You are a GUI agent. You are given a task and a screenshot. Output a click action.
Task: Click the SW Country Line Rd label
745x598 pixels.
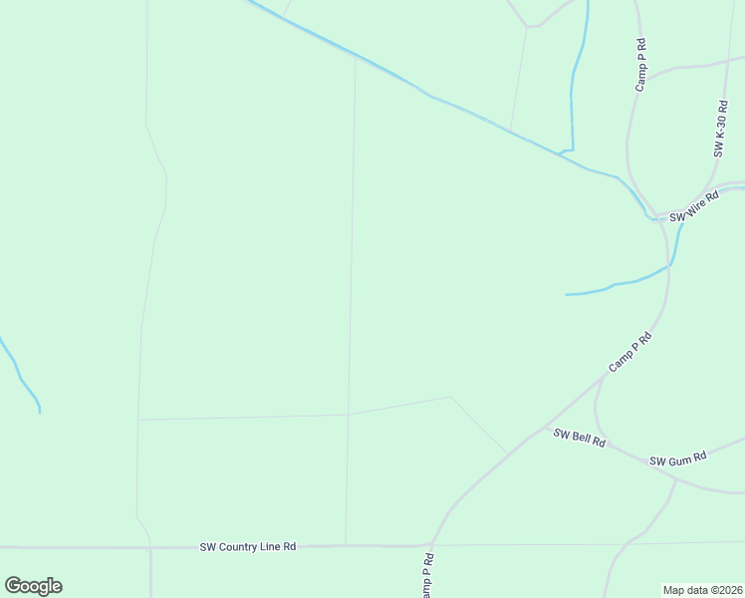(248, 546)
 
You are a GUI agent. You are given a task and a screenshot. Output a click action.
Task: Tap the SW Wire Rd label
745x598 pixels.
(693, 207)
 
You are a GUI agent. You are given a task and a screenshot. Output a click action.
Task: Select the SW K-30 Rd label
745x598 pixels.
(719, 130)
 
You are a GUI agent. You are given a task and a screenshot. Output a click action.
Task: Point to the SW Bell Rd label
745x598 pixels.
(579, 438)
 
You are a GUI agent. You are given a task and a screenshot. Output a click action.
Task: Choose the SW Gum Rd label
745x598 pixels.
(677, 459)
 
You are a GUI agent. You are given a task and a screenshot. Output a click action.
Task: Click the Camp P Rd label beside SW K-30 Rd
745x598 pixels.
(642, 66)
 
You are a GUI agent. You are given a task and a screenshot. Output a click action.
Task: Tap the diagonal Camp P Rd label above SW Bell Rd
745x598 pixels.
(630, 353)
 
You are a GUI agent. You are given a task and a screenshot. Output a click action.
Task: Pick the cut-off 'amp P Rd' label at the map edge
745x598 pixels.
(426, 577)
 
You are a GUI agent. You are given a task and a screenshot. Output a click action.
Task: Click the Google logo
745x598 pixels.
(33, 586)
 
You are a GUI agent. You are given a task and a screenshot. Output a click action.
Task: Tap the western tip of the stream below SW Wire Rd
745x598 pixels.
(567, 294)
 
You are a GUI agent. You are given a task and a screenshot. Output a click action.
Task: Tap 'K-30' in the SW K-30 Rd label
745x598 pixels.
(719, 126)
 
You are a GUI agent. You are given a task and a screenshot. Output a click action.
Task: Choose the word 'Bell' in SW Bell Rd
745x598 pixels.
(582, 439)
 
